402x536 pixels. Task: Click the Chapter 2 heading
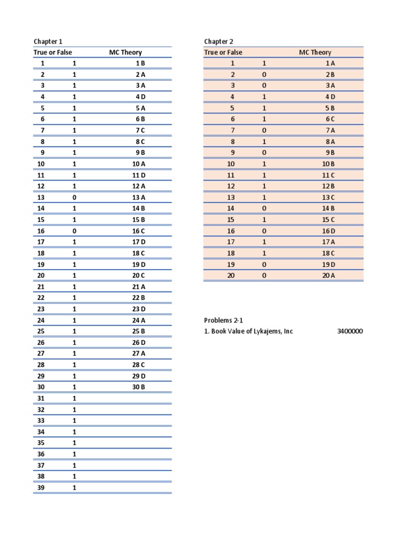pyautogui.click(x=215, y=41)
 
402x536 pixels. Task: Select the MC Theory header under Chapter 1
pyautogui.click(x=125, y=52)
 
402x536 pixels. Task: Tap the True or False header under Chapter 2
pyautogui.click(x=223, y=52)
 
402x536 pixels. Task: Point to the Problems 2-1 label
pyautogui.click(x=224, y=320)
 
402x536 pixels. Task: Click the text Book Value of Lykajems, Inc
pyautogui.click(x=249, y=331)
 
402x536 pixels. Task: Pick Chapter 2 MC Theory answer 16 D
pyautogui.click(x=329, y=231)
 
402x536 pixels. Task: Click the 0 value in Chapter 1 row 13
pyautogui.click(x=74, y=197)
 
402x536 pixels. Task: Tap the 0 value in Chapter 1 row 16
pyautogui.click(x=74, y=231)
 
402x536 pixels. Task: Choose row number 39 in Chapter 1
pyautogui.click(x=41, y=488)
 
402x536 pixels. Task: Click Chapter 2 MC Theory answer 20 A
pyautogui.click(x=329, y=275)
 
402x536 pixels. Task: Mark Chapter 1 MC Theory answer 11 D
pyautogui.click(x=139, y=175)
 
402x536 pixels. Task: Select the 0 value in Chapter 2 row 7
pyautogui.click(x=264, y=130)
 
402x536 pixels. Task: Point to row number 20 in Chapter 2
pyautogui.click(x=231, y=275)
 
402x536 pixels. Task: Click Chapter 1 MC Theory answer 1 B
pyautogui.click(x=140, y=63)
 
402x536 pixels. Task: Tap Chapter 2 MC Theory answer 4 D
pyautogui.click(x=330, y=97)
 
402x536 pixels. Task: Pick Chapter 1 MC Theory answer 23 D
pyautogui.click(x=139, y=309)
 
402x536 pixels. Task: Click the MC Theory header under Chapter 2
pyautogui.click(x=315, y=52)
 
